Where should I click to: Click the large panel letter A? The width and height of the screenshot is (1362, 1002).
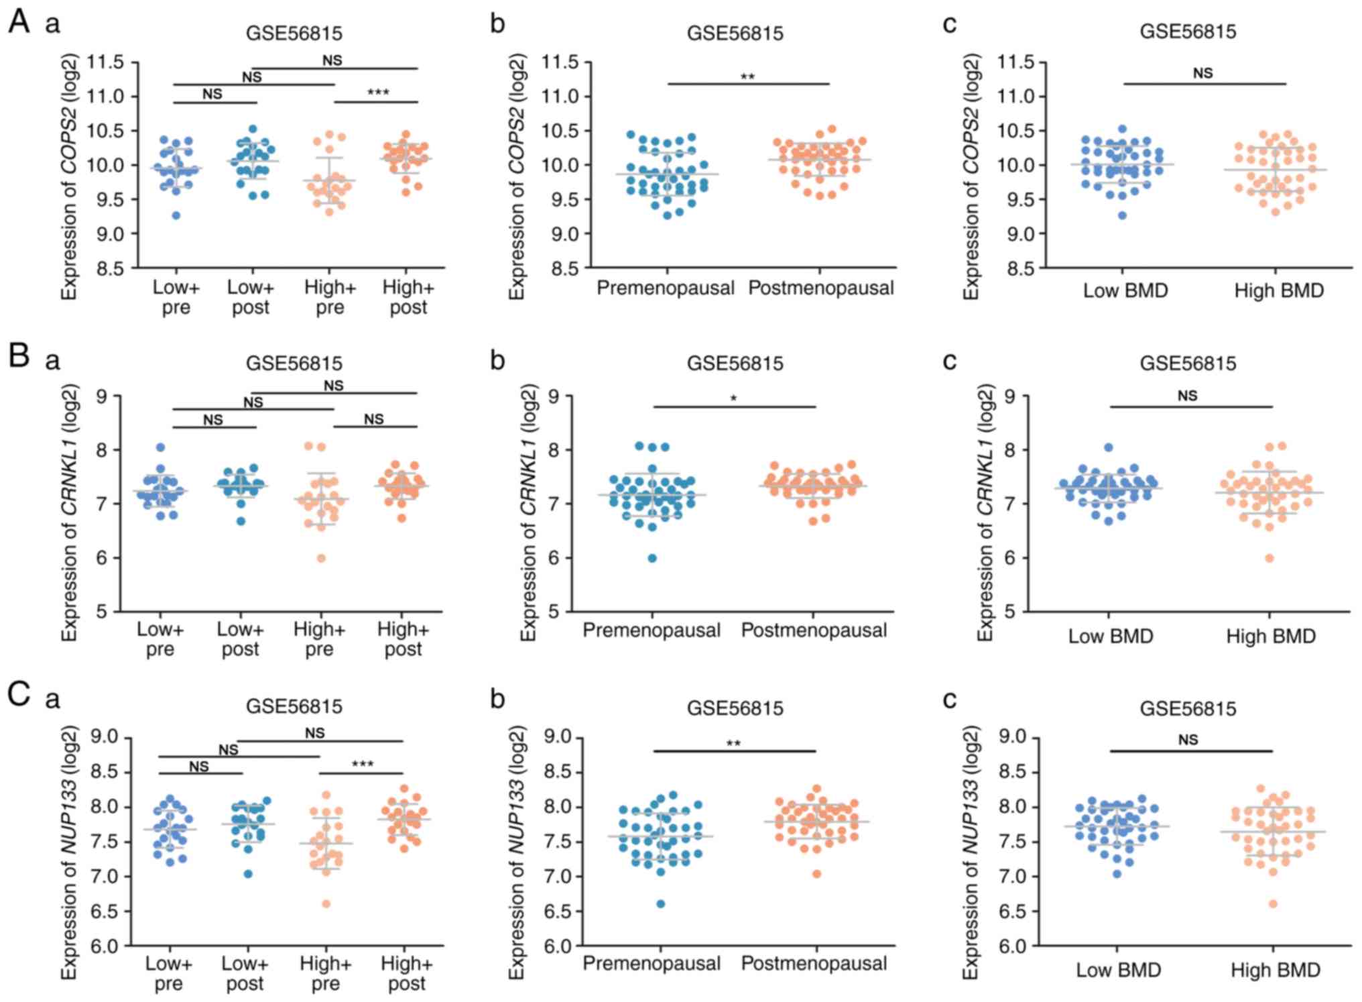pos(19,21)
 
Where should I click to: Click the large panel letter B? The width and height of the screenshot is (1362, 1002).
pos(19,356)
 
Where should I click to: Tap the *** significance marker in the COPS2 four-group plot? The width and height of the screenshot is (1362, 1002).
pos(378,93)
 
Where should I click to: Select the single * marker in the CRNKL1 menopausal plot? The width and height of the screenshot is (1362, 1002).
pos(734,399)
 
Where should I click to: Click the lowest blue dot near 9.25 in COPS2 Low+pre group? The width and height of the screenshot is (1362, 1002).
pos(176,215)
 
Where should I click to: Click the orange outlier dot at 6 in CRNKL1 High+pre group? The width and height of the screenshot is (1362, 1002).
pos(322,558)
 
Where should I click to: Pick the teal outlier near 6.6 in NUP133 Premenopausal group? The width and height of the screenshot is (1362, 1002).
pos(661,904)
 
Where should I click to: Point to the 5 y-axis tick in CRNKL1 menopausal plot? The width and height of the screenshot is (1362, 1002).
pos(554,611)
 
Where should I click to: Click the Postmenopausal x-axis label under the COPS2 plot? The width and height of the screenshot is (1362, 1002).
pos(821,288)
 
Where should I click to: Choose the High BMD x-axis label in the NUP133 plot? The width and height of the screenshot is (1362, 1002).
pos(1275,970)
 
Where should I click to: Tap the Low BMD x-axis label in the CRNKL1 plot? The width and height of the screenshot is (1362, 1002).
pos(1111,636)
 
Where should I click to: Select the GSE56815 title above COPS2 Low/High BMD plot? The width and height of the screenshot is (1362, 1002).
pos(1188,32)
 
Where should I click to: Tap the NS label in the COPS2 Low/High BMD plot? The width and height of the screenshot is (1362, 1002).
pos(1203,73)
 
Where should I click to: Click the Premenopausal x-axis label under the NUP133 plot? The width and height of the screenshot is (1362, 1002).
pos(652,964)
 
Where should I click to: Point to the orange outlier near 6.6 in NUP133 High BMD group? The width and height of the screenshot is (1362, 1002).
pos(1273,904)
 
